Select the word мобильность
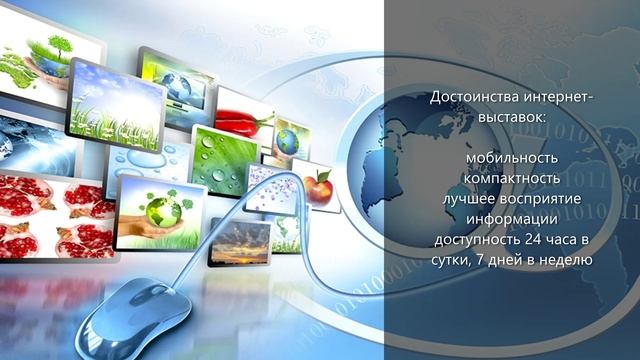(x=510, y=161)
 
